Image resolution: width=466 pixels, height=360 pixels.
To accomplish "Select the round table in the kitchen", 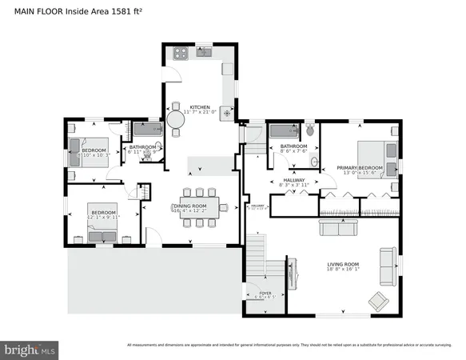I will coord(175,119).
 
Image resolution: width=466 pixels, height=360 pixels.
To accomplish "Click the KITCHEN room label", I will coord(199,107).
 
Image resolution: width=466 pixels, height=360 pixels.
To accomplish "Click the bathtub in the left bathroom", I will coord(145,130).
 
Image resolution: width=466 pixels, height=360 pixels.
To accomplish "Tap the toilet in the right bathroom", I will coord(310,130).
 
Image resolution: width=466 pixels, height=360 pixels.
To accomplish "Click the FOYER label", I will coord(265,294).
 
